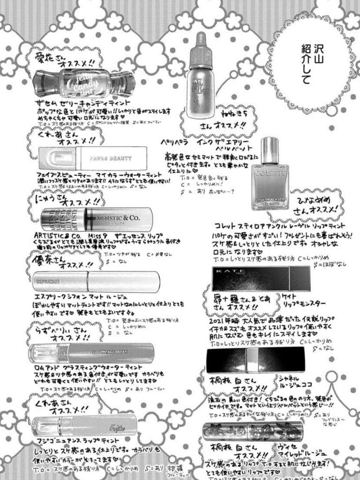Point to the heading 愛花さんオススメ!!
pos(65,60)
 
